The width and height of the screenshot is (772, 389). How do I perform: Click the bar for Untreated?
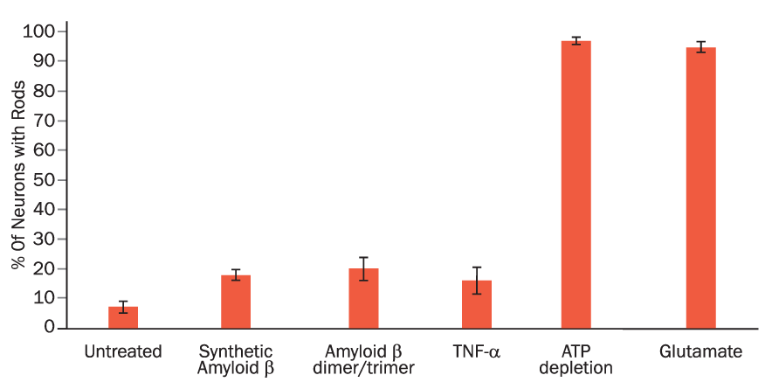click(123, 317)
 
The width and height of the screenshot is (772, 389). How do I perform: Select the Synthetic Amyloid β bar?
click(236, 302)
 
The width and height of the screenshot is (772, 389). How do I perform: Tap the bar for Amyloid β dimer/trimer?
click(363, 298)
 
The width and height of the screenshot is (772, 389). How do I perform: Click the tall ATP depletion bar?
click(576, 184)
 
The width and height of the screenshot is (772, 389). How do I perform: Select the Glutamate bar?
click(700, 187)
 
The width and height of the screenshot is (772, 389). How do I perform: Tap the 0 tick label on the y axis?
click(51, 328)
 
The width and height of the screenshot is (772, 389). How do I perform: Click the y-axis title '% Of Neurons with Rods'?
click(18, 175)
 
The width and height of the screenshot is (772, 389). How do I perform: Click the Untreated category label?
click(123, 352)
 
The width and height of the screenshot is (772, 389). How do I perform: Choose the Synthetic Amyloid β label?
click(236, 359)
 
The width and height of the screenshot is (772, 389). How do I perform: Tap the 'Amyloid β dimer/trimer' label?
click(363, 359)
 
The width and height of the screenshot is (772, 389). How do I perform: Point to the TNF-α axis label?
click(477, 352)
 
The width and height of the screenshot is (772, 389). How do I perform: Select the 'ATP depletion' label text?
click(576, 359)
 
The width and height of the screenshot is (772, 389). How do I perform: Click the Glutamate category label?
click(700, 352)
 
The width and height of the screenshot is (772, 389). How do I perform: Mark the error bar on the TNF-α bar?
click(477, 280)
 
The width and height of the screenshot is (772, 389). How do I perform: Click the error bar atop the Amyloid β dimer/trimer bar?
click(363, 268)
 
